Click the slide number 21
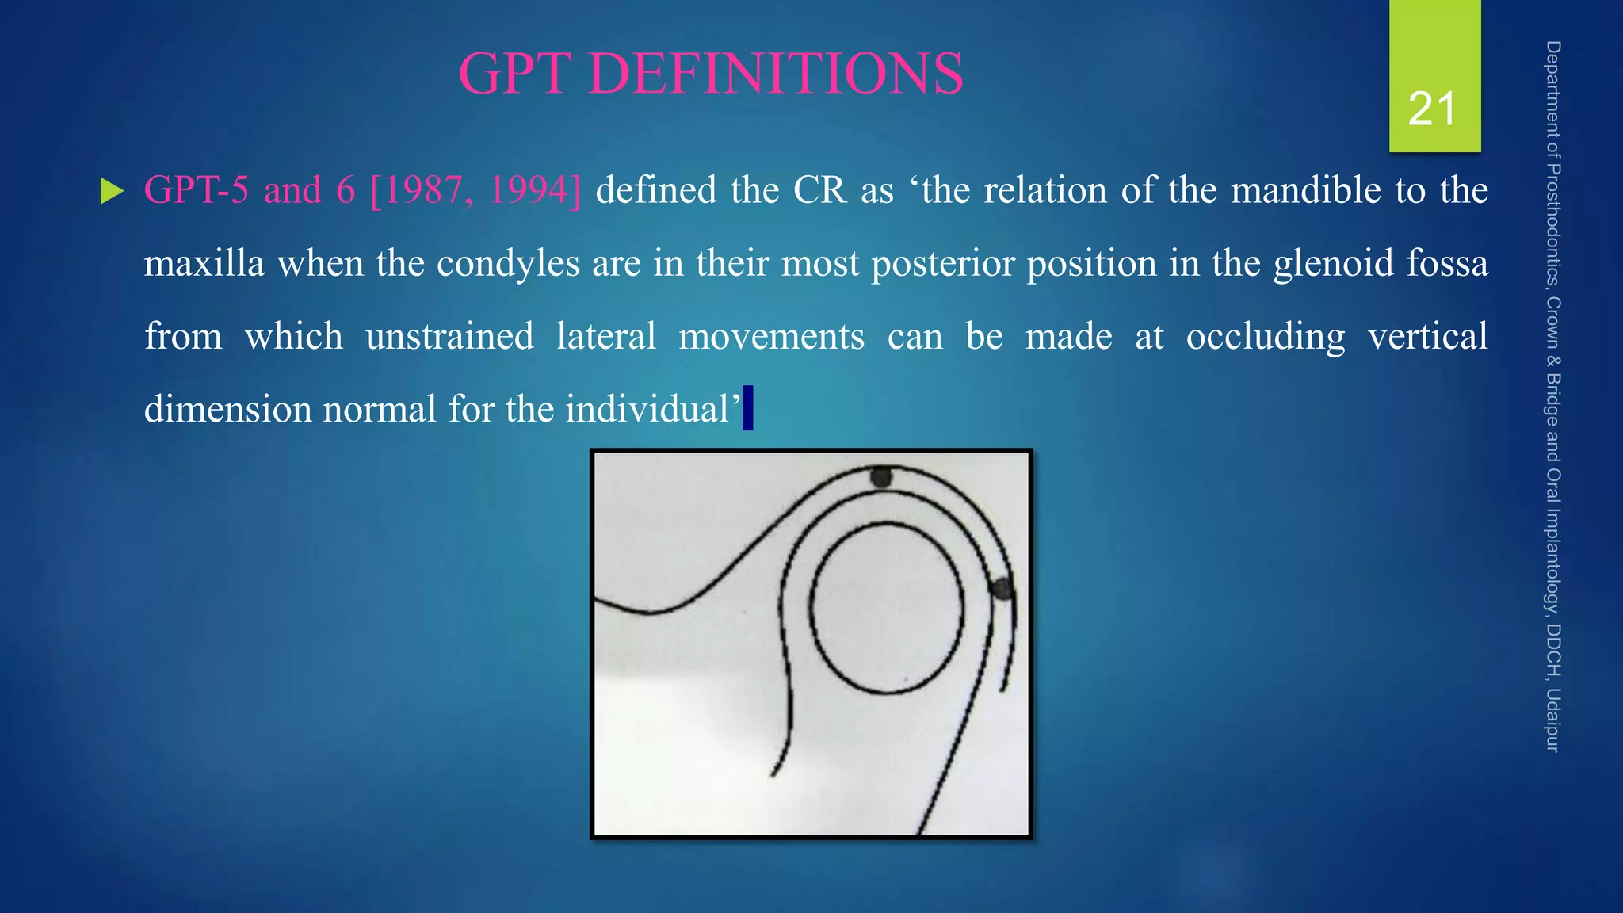pos(1432,109)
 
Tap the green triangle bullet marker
pos(112,191)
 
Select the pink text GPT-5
pos(196,190)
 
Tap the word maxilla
pos(204,263)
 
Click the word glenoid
pos(1333,263)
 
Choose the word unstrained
pos(449,336)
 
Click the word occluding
pos(1265,336)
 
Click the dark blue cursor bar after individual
pos(747,407)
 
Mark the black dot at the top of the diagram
pos(881,476)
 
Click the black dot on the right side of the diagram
pos(1002,589)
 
